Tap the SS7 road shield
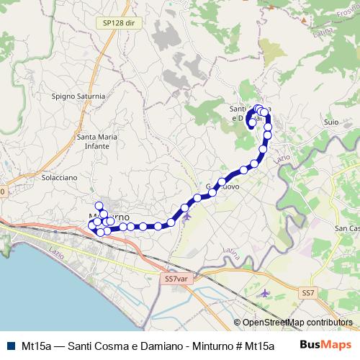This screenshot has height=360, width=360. pos(309,292)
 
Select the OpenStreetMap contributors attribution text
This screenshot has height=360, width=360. pos(297,323)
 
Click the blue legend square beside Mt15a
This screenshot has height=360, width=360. pos(9,346)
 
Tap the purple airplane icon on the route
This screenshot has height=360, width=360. pos(187,215)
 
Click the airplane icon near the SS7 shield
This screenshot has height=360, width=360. pos(266,293)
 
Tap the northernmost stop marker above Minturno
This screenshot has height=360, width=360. pos(99,206)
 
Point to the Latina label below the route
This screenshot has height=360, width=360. pos(231,253)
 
